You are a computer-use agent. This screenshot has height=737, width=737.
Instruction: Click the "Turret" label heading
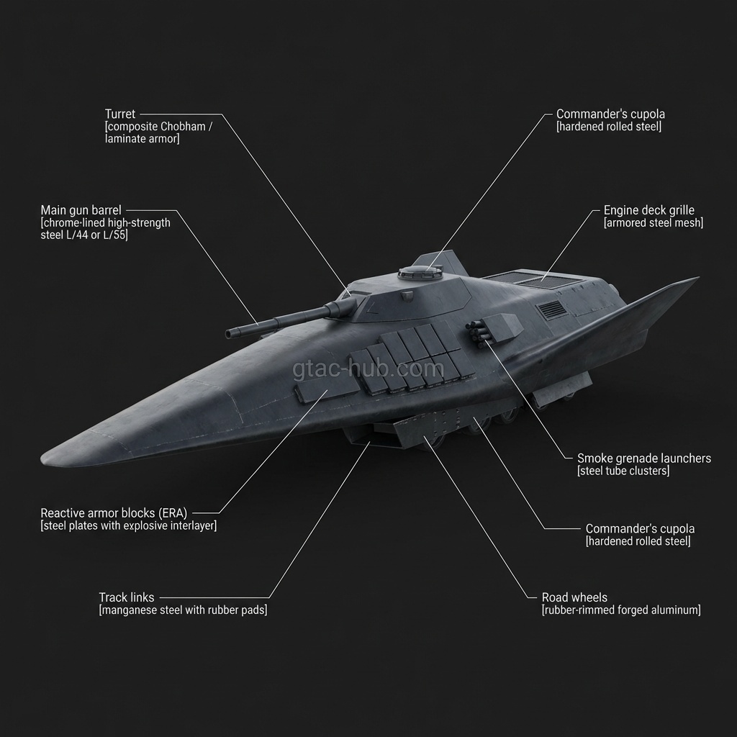(120, 114)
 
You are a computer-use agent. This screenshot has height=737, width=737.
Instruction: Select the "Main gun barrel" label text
(81, 210)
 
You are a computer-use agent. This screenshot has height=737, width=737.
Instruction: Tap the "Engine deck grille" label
(648, 211)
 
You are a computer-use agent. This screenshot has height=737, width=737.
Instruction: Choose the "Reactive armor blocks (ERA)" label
(114, 513)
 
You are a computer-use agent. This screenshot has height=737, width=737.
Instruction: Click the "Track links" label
(127, 597)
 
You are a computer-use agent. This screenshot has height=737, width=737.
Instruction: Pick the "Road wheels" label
(574, 597)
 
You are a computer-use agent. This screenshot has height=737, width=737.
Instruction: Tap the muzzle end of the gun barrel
(230, 333)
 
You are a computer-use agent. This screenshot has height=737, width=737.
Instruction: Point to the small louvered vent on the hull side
(552, 310)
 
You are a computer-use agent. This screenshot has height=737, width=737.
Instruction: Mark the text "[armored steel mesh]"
(653, 224)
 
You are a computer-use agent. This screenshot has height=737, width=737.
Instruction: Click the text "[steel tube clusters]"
(623, 471)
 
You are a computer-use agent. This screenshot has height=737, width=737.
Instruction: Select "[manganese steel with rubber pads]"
(182, 610)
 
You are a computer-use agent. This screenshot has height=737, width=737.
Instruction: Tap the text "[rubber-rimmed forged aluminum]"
(620, 610)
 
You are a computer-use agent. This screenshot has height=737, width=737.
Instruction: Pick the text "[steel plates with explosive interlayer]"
(128, 526)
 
